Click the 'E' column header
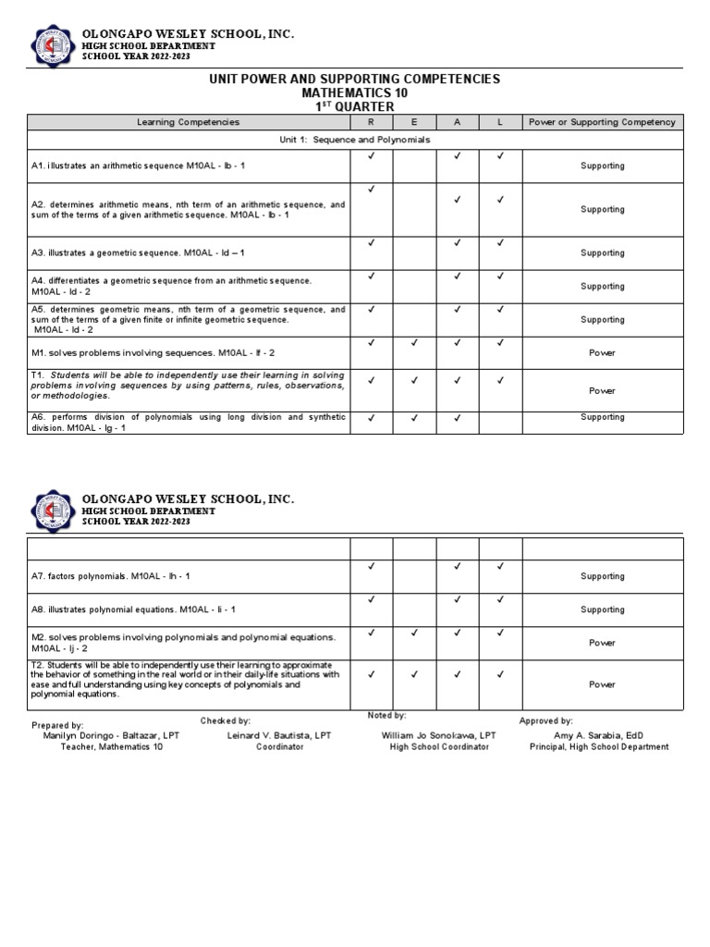pyautogui.click(x=414, y=122)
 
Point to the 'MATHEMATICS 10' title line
pyautogui.click(x=355, y=93)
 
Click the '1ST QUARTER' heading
pyautogui.click(x=355, y=106)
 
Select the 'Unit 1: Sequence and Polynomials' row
pyautogui.click(x=355, y=139)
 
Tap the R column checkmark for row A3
pyautogui.click(x=371, y=243)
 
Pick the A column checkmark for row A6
pyautogui.click(x=458, y=418)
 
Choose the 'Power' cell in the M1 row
pyautogui.click(x=602, y=352)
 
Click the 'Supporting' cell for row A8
pyautogui.click(x=602, y=609)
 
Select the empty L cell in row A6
pyautogui.click(x=500, y=423)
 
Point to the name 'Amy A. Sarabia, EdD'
pyautogui.click(x=597, y=735)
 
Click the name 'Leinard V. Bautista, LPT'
pyautogui.click(x=279, y=735)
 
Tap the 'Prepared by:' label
pyautogui.click(x=57, y=725)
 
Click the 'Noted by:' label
pyautogui.click(x=386, y=715)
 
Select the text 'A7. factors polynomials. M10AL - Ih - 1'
pyautogui.click(x=111, y=576)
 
